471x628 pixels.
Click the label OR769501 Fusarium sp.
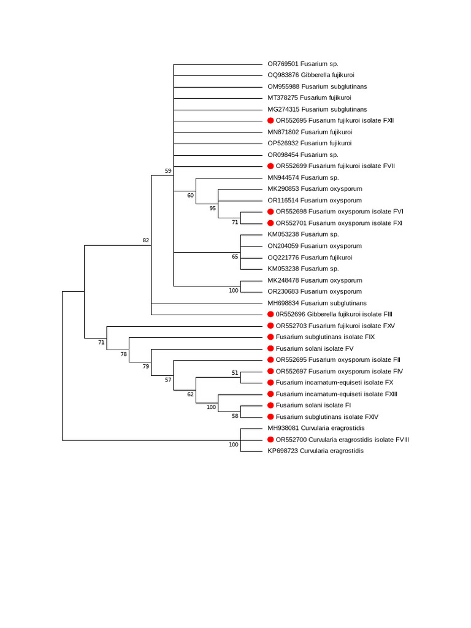[x=302, y=64]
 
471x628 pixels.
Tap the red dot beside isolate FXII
[x=270, y=121]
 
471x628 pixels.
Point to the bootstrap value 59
[x=168, y=170]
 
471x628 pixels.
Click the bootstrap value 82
[x=146, y=240]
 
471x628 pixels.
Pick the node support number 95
[x=213, y=209]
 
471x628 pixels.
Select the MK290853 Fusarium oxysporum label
[x=315, y=189]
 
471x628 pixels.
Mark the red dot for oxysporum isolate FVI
[x=270, y=212]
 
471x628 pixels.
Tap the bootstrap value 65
[x=235, y=257]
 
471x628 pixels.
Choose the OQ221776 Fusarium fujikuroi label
[x=310, y=258]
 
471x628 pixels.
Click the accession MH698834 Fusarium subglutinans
[x=316, y=303]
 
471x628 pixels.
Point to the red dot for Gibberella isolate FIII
[x=270, y=315]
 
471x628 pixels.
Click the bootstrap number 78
[x=124, y=354]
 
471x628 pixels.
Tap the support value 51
[x=235, y=373]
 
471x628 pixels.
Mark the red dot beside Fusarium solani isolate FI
[x=270, y=405]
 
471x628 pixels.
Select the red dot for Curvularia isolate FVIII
[x=270, y=440]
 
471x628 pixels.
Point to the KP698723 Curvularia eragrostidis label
[x=315, y=451]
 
